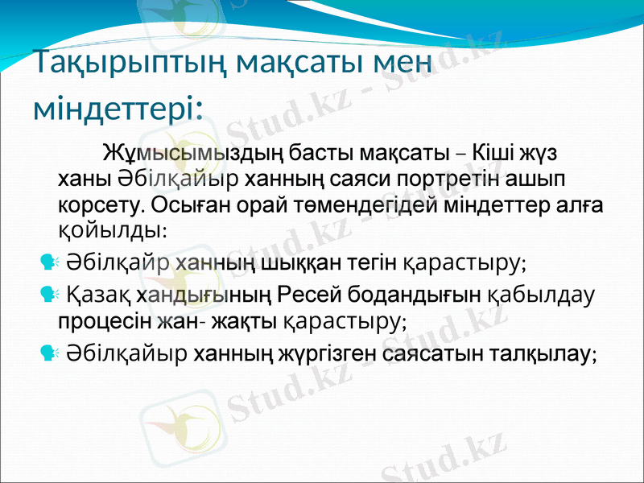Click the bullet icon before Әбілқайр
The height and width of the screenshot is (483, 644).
click(x=47, y=262)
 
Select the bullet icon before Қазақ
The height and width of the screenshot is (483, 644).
click(x=47, y=295)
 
